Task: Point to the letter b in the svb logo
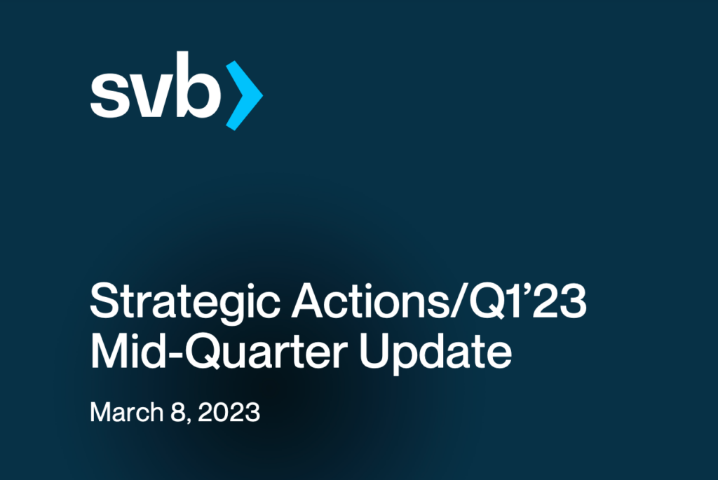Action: (198, 85)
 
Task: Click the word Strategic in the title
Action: (185, 303)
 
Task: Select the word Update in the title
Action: (435, 352)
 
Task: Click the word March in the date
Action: (127, 412)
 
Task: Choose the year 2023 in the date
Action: (229, 412)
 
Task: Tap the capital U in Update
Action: (375, 350)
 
